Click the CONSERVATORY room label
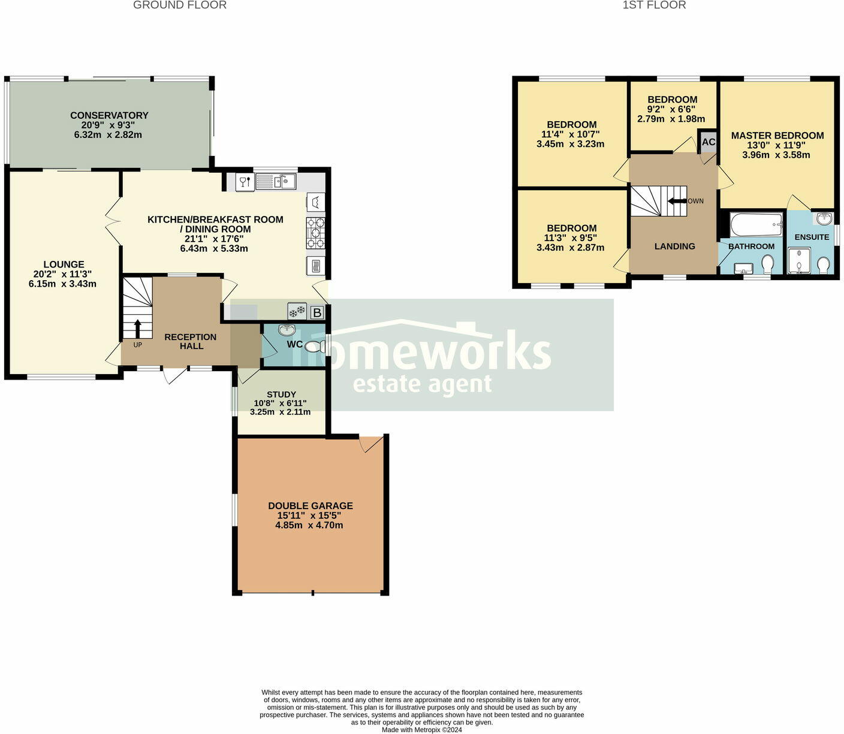pos(109,115)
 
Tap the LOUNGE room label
pos(64,264)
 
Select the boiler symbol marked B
pos(317,312)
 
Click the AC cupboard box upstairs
pos(709,142)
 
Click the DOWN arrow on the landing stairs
pos(677,201)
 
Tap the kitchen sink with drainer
pos(276,181)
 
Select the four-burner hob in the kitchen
pos(315,233)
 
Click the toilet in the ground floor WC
pos(313,347)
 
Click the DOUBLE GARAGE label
pos(311,506)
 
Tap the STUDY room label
pos(281,395)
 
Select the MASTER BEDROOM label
pos(777,136)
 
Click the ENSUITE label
pos(812,237)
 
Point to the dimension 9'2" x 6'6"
pos(671,109)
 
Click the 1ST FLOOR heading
pos(654,5)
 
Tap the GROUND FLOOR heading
pos(180,5)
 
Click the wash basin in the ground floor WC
pos(287,329)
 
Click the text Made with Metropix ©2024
pos(422,730)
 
